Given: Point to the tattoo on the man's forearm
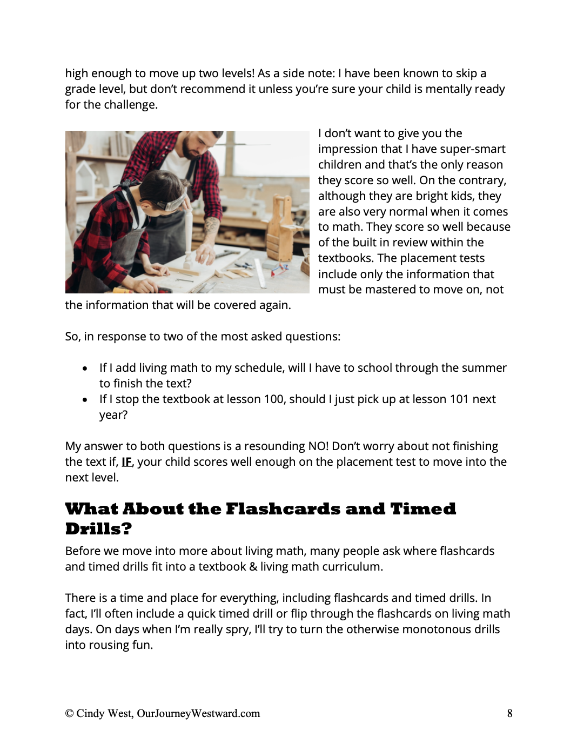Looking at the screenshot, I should pyautogui.click(x=211, y=227).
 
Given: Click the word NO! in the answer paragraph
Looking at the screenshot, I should pyautogui.click(x=318, y=446).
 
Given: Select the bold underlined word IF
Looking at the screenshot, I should pyautogui.click(x=126, y=462).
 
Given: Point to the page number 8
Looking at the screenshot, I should pyautogui.click(x=509, y=713).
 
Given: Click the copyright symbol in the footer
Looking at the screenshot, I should pyautogui.click(x=69, y=713).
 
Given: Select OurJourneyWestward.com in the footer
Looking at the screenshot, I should pyautogui.click(x=198, y=713).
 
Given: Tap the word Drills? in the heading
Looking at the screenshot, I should pyautogui.click(x=98, y=528).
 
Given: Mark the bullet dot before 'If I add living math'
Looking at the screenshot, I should pyautogui.click(x=85, y=369).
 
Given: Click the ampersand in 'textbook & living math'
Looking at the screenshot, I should pyautogui.click(x=253, y=567).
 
